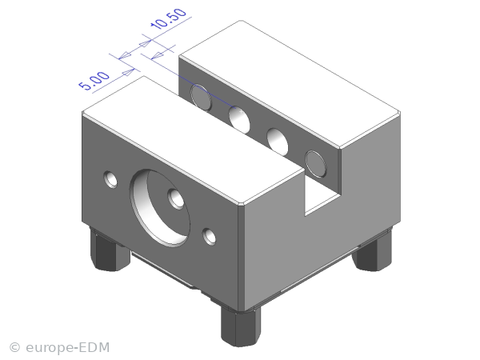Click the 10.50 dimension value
coord(168,18)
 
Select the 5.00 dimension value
coord(94,81)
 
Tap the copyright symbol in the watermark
coord(14,347)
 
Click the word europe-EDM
coord(68,347)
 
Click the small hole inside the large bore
coord(176,198)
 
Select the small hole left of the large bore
coord(110,179)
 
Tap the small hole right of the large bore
coord(209,237)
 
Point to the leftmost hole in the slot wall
coord(201,98)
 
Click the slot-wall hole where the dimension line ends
coord(239,120)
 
